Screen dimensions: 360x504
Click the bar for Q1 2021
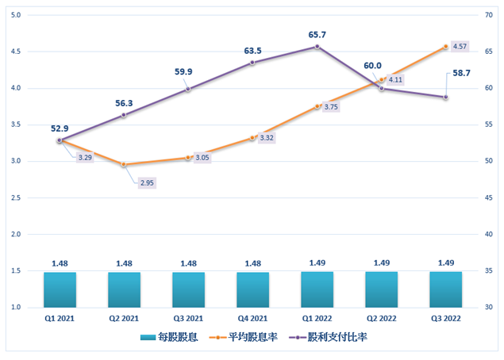[x=60, y=289]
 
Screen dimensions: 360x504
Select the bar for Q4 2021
[x=252, y=289]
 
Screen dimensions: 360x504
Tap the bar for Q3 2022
[x=445, y=289]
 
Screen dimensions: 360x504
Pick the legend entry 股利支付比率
[x=333, y=337]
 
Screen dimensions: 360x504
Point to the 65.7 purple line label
[x=317, y=35]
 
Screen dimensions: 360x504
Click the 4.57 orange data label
[x=460, y=45]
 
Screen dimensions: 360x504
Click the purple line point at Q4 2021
[x=252, y=63]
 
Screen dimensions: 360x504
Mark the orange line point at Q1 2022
[x=317, y=106]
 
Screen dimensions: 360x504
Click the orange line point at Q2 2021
[x=124, y=164]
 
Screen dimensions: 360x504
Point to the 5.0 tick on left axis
[x=17, y=15]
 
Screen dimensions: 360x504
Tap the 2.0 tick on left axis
[x=17, y=234]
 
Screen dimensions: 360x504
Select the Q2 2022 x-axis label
[x=381, y=317]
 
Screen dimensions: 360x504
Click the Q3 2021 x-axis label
[x=188, y=317]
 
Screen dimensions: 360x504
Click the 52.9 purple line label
[x=60, y=128]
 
